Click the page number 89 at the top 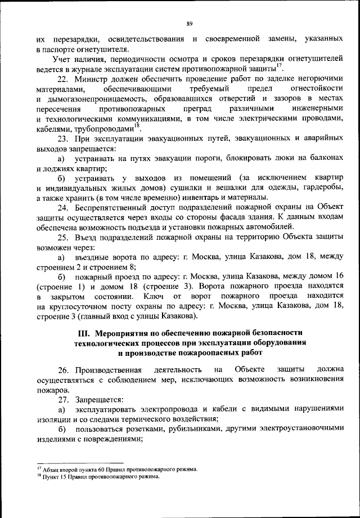pyautogui.click(x=190, y=23)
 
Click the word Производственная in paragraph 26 pyautogui.click(x=107, y=370)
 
